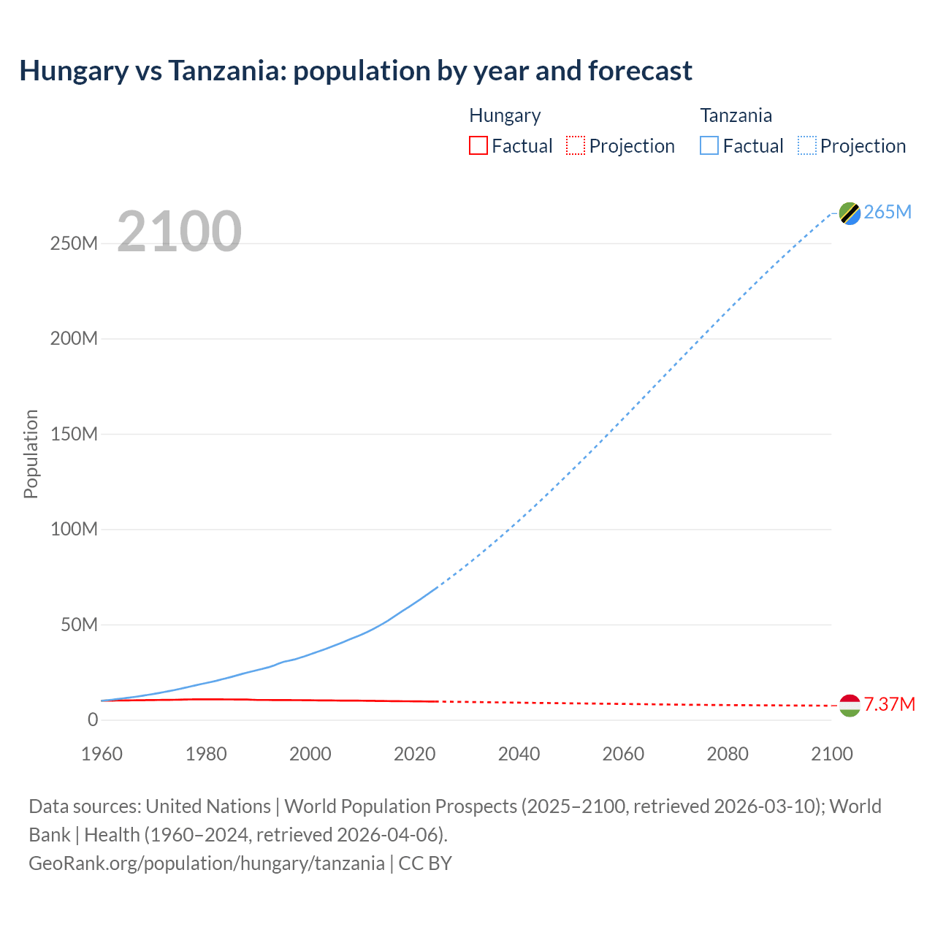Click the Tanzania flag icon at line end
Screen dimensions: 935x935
tap(850, 213)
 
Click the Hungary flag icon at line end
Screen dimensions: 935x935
tap(850, 706)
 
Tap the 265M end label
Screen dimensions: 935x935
tap(888, 213)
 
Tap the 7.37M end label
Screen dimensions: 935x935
tap(889, 705)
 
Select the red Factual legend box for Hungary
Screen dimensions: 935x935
tap(478, 146)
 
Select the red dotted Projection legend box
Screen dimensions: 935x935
tap(576, 146)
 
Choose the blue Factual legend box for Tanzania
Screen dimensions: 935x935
tap(709, 146)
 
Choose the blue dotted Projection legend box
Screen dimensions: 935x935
tap(807, 146)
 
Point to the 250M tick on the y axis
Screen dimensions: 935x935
tap(74, 244)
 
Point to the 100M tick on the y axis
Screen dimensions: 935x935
tap(74, 530)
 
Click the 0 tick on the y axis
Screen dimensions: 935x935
tap(92, 720)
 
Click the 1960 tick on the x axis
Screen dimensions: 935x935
tap(102, 755)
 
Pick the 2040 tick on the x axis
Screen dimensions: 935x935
tap(519, 755)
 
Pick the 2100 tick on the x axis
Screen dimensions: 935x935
tap(831, 755)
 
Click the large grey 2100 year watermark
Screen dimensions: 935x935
tap(179, 232)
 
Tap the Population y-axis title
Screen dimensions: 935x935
tap(31, 454)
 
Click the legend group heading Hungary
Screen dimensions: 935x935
tap(505, 115)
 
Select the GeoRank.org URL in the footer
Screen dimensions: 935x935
tap(207, 863)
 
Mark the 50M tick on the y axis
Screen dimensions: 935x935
tap(79, 625)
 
